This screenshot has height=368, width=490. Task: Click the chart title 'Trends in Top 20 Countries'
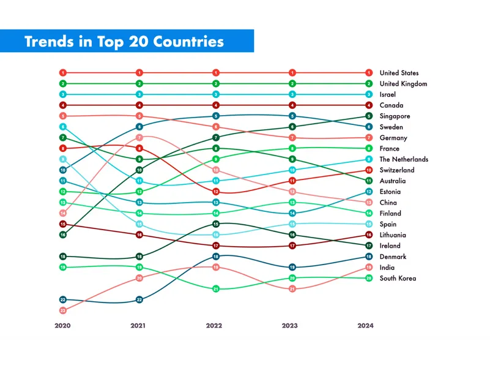(x=124, y=42)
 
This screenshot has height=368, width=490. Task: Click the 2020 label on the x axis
(x=62, y=326)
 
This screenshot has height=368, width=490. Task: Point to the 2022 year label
(x=215, y=326)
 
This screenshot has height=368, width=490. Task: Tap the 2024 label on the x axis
(x=365, y=326)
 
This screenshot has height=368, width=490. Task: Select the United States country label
(x=399, y=73)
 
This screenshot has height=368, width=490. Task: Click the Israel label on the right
(x=387, y=95)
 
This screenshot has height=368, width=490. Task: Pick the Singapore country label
(x=395, y=116)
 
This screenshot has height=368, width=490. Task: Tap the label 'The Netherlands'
(x=404, y=159)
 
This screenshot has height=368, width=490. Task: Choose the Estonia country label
(x=390, y=192)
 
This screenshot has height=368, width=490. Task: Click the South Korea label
(x=398, y=278)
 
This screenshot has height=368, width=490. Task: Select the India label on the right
(x=387, y=268)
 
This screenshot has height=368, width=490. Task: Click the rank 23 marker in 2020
(x=62, y=310)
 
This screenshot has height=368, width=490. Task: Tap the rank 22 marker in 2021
(x=139, y=299)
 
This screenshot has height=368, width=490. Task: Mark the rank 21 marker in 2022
(x=216, y=288)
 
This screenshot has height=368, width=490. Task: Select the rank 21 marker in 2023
(x=292, y=288)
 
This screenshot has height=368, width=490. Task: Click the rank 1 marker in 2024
(x=369, y=73)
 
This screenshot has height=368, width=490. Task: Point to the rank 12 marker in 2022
(x=216, y=192)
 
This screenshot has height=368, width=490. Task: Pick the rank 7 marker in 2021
(x=139, y=138)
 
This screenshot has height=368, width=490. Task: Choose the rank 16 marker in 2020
(x=62, y=235)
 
